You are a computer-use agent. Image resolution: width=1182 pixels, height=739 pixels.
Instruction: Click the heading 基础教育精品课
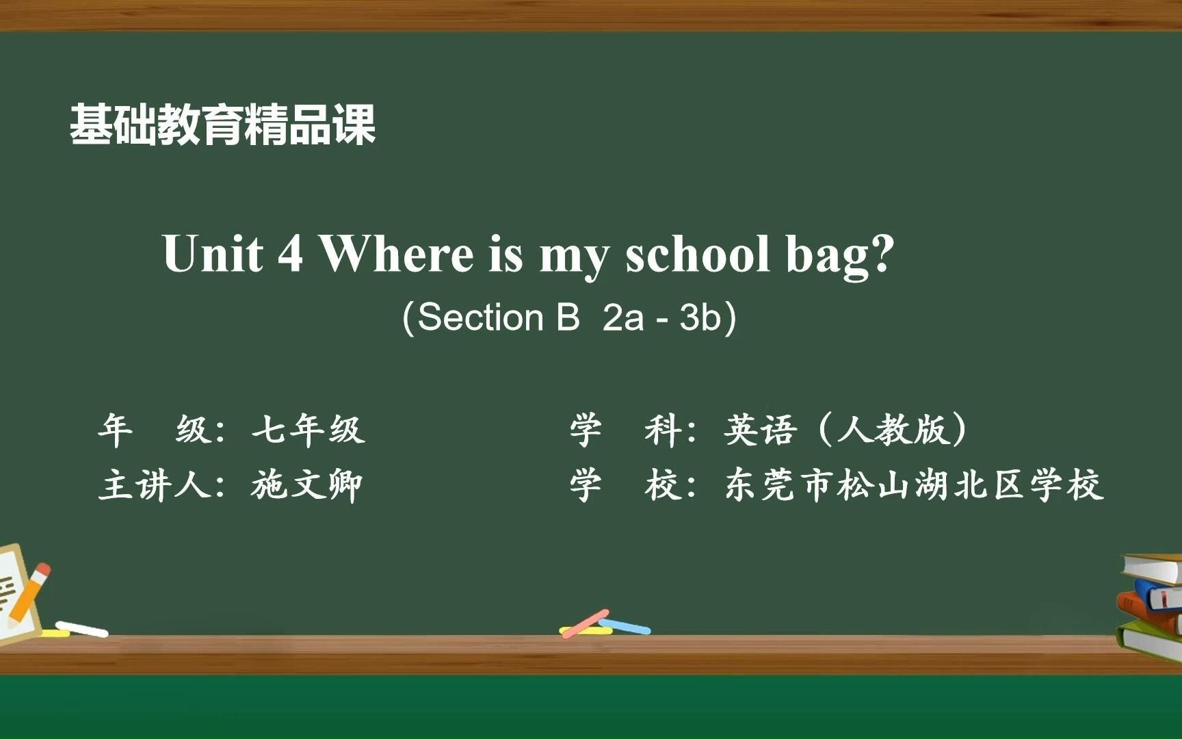tap(223, 125)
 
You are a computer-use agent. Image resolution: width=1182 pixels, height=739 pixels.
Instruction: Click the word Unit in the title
tap(213, 253)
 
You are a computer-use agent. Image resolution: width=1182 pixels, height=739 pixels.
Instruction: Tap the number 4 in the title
tap(290, 253)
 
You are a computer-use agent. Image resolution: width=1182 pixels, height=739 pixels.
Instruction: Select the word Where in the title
tap(397, 253)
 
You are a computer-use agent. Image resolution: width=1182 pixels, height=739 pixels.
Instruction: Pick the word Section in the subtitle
tap(480, 317)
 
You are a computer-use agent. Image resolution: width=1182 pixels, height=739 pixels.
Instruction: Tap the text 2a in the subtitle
tap(623, 317)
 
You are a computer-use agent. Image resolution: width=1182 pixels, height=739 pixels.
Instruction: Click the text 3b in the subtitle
tap(701, 317)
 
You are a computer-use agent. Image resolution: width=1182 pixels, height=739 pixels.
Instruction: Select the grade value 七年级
tap(308, 430)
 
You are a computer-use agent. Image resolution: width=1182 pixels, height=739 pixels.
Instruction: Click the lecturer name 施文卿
tap(306, 486)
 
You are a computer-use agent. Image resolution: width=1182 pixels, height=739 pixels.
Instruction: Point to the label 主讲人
tap(155, 486)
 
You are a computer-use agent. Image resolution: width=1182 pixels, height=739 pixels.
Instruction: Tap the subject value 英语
tap(761, 430)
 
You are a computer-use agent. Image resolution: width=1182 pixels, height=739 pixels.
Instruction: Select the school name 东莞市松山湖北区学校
tap(914, 486)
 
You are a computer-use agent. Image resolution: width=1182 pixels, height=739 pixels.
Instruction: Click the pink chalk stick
tap(585, 623)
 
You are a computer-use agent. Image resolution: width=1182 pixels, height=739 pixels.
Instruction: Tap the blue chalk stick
tap(625, 626)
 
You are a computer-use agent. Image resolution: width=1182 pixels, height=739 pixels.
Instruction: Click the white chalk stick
tap(81, 629)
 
